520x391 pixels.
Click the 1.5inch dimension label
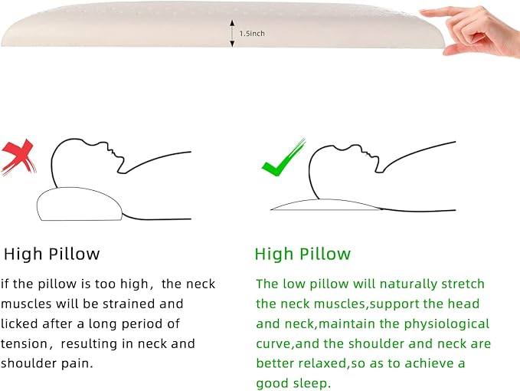coord(252,34)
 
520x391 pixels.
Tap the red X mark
coord(18,156)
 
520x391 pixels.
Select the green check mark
coord(283,158)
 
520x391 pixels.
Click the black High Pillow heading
coord(52,254)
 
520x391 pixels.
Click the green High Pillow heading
coord(303,254)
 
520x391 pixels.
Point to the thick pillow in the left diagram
coord(79,204)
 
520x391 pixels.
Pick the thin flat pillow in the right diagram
coord(327,205)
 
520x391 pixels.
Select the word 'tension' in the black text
coord(25,344)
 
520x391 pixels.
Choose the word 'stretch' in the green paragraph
coord(463,284)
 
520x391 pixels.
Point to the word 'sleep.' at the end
coord(312,383)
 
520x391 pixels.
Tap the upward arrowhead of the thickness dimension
coord(232,22)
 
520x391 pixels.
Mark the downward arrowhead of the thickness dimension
coord(232,44)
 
